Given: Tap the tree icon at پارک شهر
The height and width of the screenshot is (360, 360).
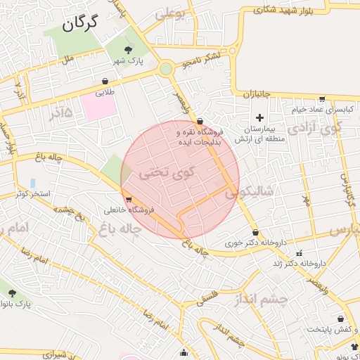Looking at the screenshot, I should [128, 49].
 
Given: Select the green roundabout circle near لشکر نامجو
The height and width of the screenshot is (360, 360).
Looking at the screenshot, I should [165, 69].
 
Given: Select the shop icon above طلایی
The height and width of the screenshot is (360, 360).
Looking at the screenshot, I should [105, 82].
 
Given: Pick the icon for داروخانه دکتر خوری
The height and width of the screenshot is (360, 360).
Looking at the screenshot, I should [255, 232].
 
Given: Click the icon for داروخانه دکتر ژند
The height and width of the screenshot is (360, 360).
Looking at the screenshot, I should [300, 253].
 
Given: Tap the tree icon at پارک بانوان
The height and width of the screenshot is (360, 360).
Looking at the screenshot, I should [12, 292].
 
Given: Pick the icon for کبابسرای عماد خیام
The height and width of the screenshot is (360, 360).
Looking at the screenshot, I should [322, 99].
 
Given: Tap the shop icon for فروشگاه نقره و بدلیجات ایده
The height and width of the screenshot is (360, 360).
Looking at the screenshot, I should [200, 120].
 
